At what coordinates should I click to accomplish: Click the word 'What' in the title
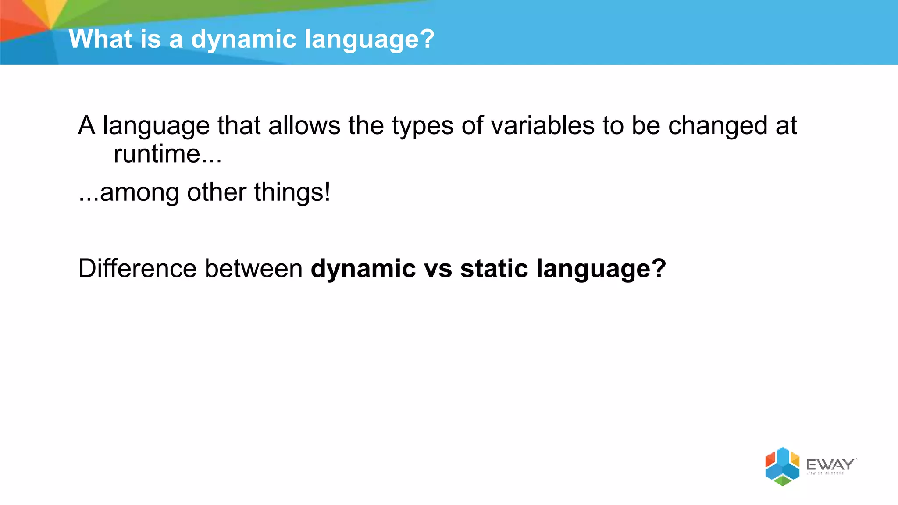[100, 39]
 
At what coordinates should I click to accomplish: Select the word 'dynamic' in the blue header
[244, 40]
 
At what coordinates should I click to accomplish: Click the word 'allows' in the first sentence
[304, 126]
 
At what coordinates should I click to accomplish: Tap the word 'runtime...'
[167, 154]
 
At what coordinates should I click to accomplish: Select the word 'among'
[139, 193]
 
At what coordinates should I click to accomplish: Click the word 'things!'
[292, 193]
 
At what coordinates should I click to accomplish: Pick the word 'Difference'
[137, 268]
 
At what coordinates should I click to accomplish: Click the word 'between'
[253, 268]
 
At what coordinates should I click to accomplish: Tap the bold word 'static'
[494, 268]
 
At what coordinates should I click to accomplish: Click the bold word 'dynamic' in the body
[363, 269]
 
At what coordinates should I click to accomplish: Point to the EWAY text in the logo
[830, 464]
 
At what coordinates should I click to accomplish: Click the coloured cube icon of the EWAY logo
[782, 466]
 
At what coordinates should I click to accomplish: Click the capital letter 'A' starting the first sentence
[87, 126]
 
